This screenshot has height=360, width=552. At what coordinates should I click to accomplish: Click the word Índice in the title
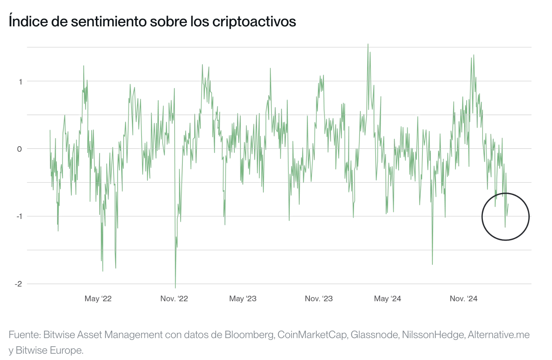tap(28, 22)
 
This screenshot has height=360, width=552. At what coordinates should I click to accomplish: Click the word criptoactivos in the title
tap(254, 22)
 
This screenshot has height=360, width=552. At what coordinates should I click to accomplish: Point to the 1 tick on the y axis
tap(20, 82)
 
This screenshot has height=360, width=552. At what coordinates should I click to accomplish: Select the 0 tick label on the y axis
tap(20, 149)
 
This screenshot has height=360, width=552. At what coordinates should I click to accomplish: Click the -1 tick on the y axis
tap(19, 217)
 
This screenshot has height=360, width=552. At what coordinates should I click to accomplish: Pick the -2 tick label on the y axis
tap(18, 284)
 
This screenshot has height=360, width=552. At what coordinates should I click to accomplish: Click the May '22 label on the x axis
tap(98, 299)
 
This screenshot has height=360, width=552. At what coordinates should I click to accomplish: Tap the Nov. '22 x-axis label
tap(174, 299)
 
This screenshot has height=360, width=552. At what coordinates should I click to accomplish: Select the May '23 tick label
tap(243, 299)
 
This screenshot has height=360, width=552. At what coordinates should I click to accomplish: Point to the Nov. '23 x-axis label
tap(319, 299)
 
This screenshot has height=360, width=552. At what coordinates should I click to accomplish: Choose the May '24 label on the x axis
tap(387, 299)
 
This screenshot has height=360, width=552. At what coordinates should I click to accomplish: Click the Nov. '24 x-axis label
tap(463, 299)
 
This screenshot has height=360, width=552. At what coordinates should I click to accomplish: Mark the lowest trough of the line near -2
tap(175, 287)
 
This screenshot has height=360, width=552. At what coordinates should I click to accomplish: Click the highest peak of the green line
tap(368, 45)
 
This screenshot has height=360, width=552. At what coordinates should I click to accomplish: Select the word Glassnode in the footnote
tap(374, 335)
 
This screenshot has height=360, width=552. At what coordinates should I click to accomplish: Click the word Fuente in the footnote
tap(24, 335)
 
